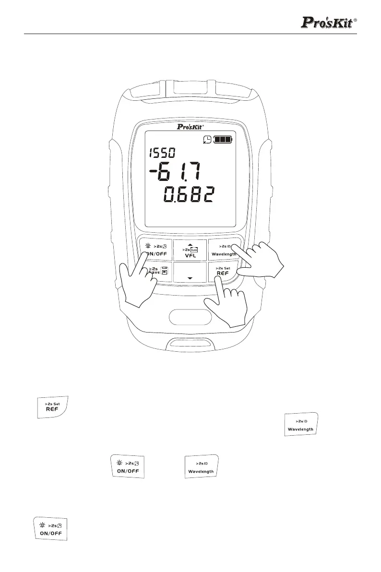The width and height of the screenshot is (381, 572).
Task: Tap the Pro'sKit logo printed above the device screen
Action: pos(190,128)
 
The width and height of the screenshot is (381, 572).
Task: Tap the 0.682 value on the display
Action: pos(189,195)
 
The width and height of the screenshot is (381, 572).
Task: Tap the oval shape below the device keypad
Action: pos(190,317)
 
